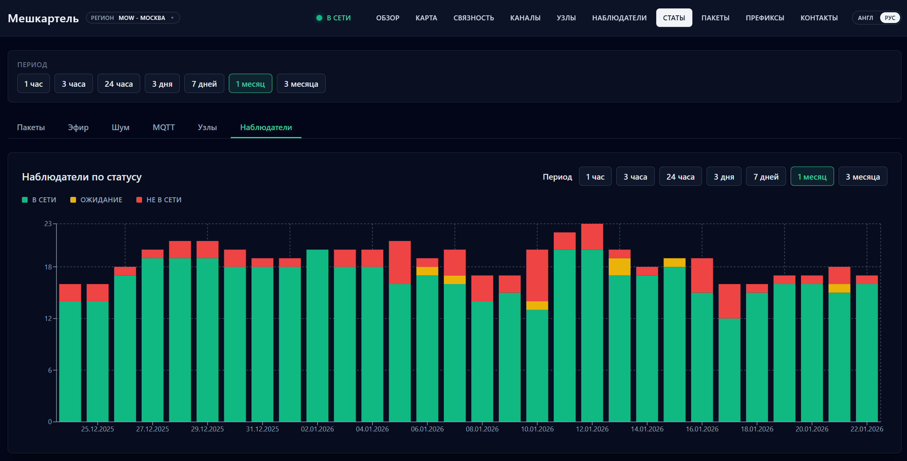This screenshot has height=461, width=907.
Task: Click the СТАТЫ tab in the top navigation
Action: (674, 18)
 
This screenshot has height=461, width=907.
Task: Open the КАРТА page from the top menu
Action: (426, 18)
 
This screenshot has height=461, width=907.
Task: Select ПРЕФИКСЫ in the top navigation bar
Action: (765, 18)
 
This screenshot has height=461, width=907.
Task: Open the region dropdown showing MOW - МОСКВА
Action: (133, 18)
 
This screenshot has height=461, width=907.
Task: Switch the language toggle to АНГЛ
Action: (866, 18)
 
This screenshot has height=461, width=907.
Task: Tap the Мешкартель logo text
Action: (43, 18)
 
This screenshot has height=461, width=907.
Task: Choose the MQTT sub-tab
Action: (164, 127)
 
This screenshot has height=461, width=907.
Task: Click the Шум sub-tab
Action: (121, 127)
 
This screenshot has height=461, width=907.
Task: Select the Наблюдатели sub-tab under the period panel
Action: (266, 127)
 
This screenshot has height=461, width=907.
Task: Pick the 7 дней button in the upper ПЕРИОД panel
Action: (204, 84)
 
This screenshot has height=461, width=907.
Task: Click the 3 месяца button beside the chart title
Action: (863, 177)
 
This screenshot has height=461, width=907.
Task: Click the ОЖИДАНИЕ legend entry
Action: (96, 200)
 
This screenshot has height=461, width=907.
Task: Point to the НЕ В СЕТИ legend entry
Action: (159, 200)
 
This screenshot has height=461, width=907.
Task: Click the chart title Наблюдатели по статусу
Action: (82, 177)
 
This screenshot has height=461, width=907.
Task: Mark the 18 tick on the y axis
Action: (48, 267)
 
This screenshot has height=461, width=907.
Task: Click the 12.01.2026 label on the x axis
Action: (592, 429)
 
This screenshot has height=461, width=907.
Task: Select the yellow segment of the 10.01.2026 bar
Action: (537, 306)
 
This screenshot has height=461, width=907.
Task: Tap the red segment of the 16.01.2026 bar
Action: (702, 275)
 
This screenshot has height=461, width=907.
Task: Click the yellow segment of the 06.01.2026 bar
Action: (427, 271)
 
